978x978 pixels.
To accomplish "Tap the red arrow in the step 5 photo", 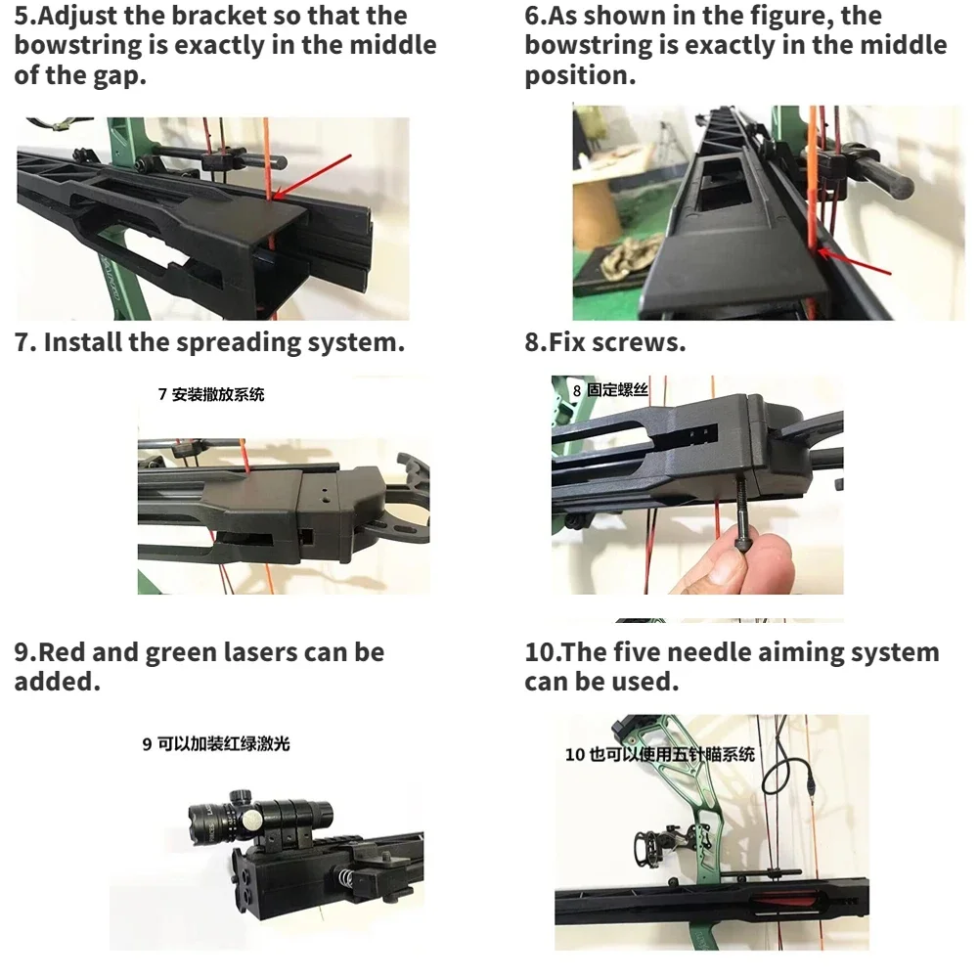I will tap(313, 174).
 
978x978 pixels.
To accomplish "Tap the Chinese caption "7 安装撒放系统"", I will tap(211, 395).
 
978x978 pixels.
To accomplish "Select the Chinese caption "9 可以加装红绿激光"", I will tap(216, 744).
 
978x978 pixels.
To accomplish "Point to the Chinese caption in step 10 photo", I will tap(660, 755).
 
